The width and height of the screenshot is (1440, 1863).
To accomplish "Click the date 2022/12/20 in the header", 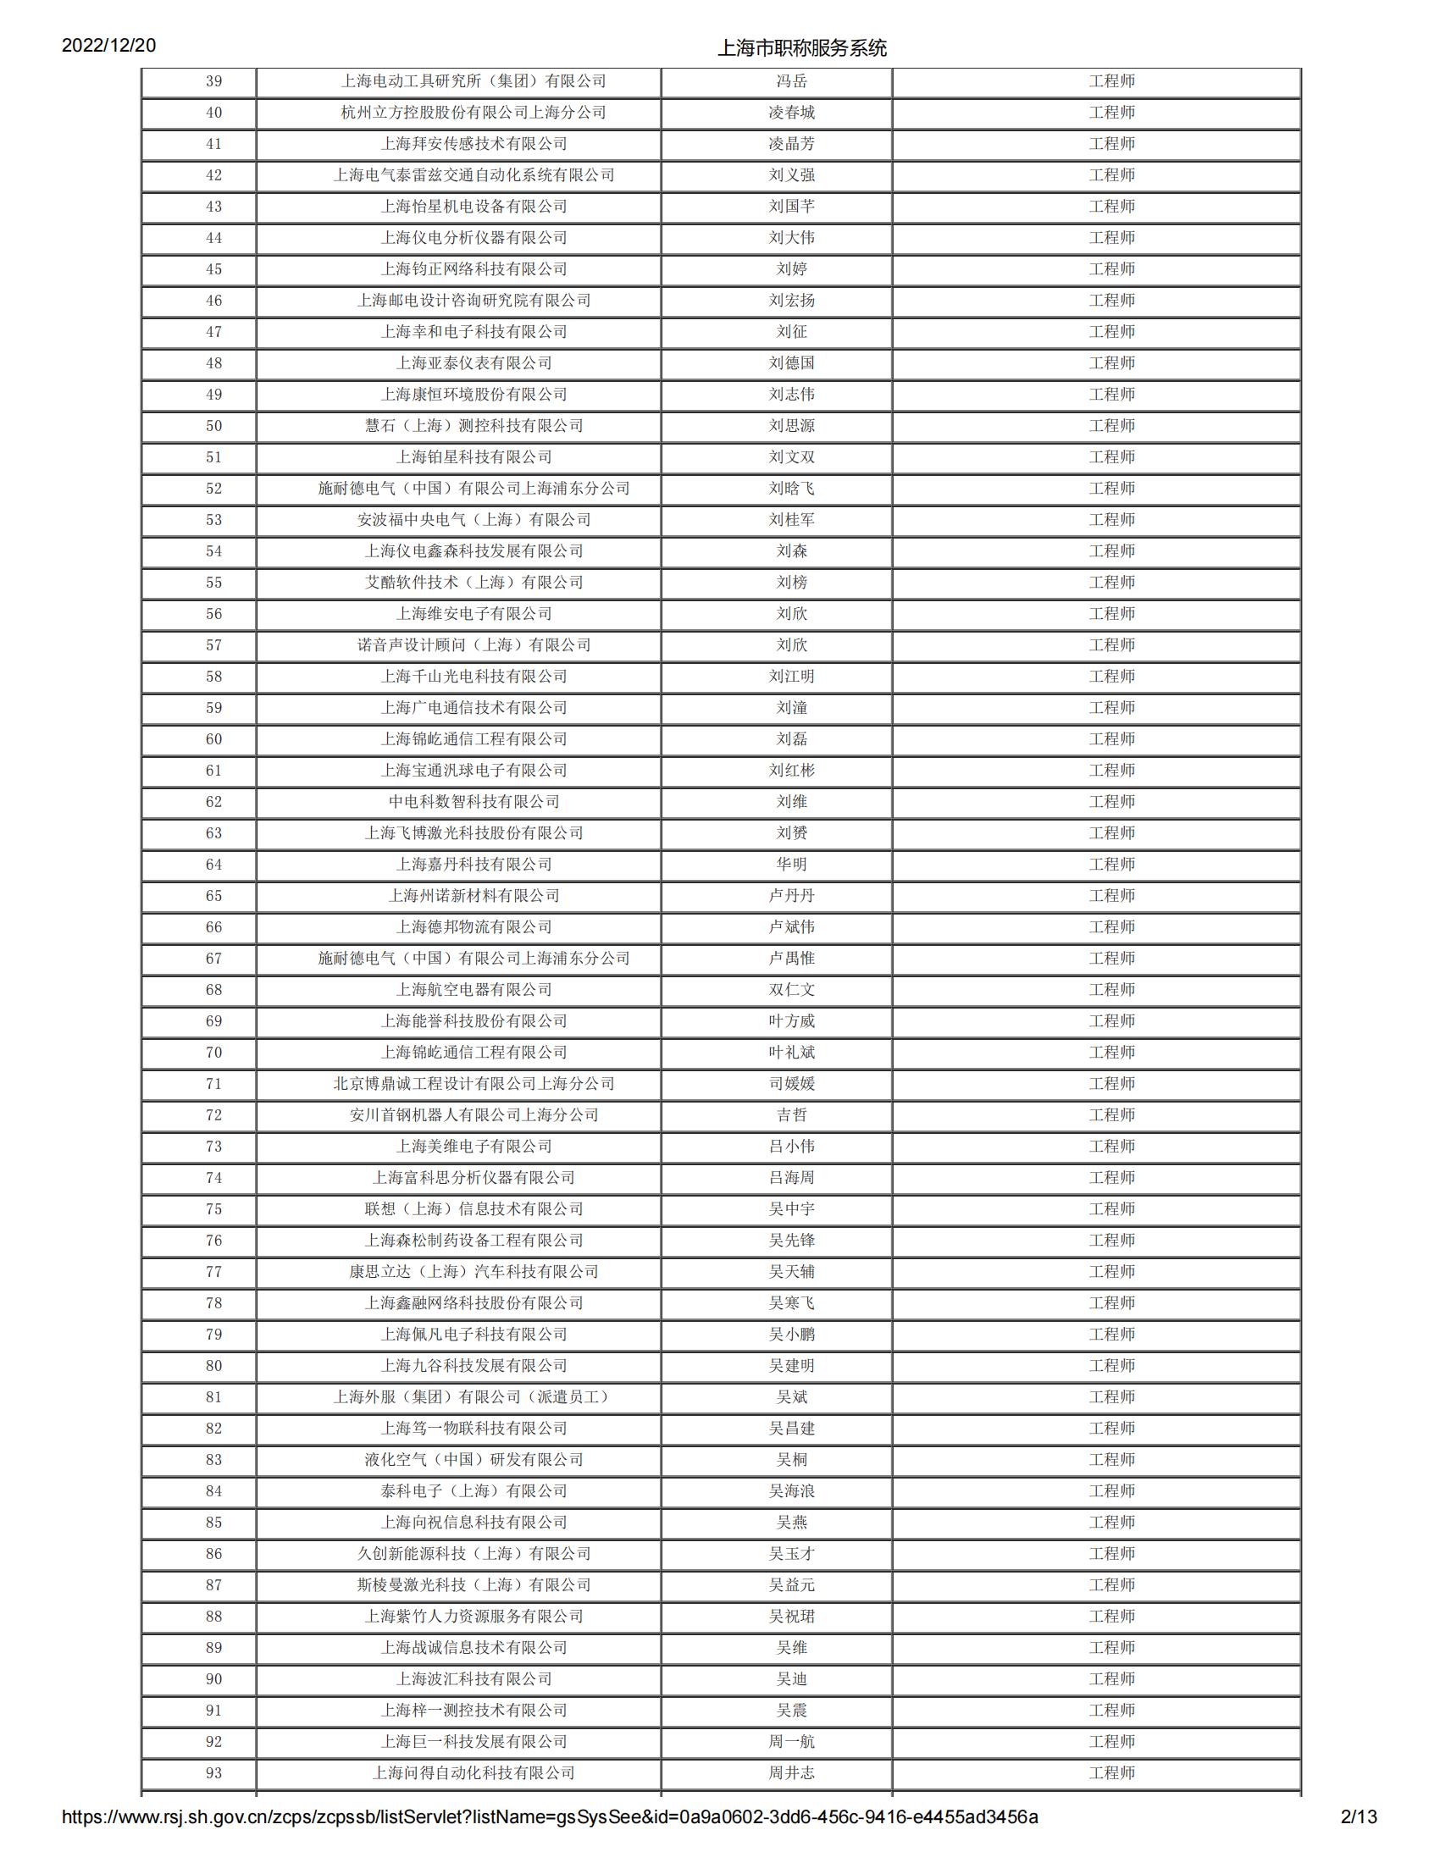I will point(108,45).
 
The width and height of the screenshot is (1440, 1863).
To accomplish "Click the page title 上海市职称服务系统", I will point(802,48).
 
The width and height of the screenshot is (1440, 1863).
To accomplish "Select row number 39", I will point(214,81).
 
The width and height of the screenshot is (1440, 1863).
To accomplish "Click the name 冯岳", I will point(792,81).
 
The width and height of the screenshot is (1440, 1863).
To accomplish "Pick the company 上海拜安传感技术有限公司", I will point(474,144).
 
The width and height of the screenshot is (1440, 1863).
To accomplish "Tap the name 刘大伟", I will point(792,238).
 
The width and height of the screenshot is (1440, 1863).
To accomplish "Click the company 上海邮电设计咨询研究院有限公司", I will point(474,301).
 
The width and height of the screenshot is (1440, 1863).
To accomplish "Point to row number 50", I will point(214,426).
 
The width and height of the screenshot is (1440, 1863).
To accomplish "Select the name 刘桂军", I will point(792,519).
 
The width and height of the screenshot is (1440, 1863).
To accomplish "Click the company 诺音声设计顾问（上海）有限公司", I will point(474,645).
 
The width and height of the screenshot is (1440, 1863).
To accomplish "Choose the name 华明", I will point(792,864).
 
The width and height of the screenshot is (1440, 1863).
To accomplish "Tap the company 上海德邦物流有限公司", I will point(474,927).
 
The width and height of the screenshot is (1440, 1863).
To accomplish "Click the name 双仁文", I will point(792,989).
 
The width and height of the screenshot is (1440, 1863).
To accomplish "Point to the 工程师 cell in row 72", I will point(1111,1115).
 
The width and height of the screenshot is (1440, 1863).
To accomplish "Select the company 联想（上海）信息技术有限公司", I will point(474,1208).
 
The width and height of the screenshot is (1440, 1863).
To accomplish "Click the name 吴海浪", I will point(792,1491).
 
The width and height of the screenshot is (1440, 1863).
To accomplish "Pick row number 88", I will point(214,1617).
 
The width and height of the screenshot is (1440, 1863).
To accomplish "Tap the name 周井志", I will point(792,1773).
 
